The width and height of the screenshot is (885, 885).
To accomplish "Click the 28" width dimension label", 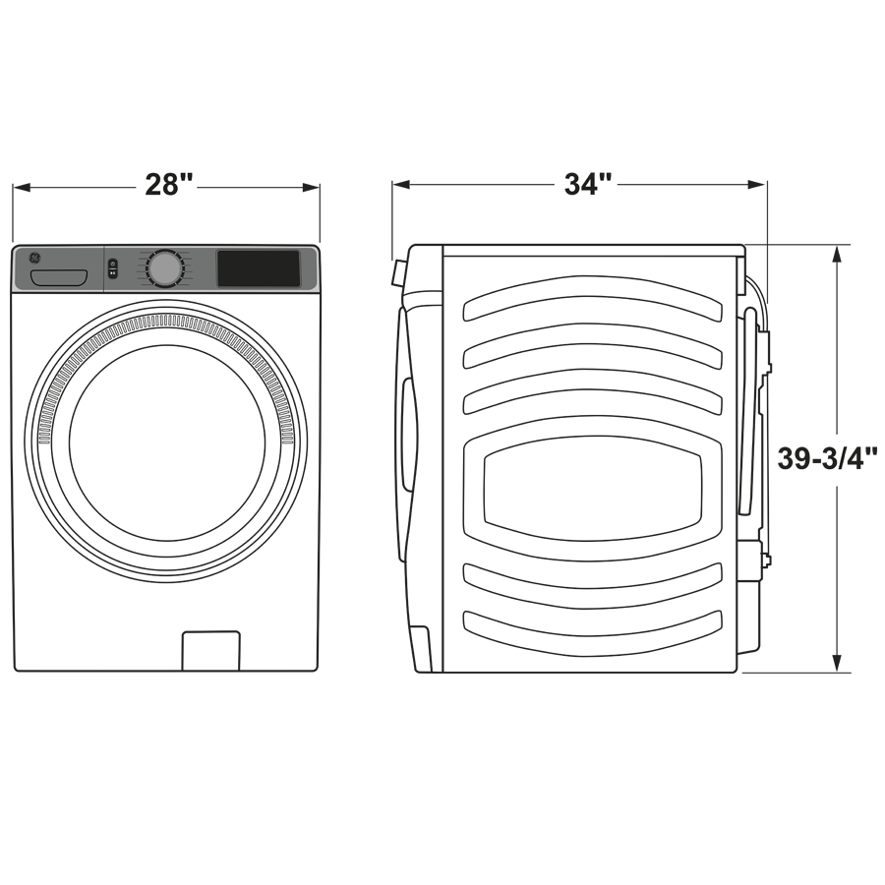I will [168, 184].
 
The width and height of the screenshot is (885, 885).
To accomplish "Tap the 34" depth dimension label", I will [588, 184].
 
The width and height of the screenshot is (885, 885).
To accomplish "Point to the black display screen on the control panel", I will [259, 268].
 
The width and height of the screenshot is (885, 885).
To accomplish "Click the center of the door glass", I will [166, 442].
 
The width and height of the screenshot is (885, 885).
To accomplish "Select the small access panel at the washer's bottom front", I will [210, 651].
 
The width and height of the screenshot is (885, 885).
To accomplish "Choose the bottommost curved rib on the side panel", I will [593, 625].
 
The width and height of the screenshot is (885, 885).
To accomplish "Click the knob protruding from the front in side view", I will [398, 272].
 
